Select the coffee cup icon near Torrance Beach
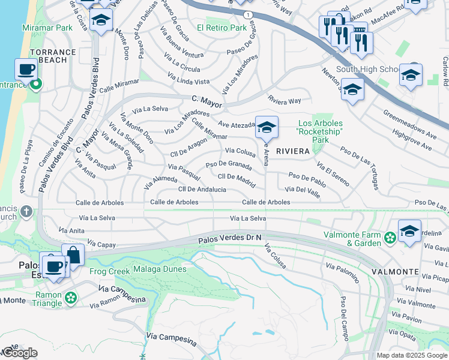(26, 70)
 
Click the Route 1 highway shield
(248, 13)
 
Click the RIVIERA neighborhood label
(292, 152)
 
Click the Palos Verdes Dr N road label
(231, 239)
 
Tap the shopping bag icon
(73, 254)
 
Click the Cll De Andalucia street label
(202, 189)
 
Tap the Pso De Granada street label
(228, 164)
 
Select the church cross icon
(26, 211)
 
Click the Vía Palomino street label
(342, 272)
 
